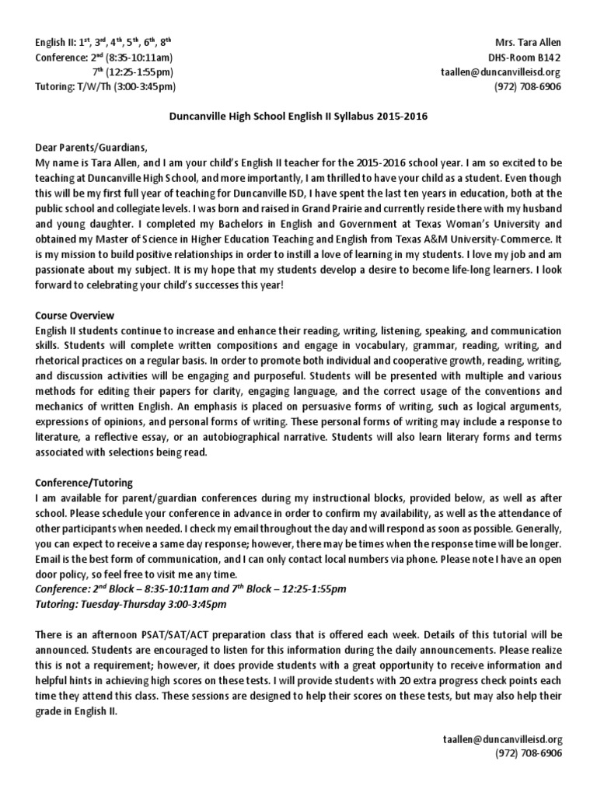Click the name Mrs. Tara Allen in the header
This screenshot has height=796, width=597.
pyautogui.click(x=528, y=41)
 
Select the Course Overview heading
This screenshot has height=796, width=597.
pyautogui.click(x=75, y=316)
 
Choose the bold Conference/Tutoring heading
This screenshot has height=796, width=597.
pyautogui.click(x=84, y=482)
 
